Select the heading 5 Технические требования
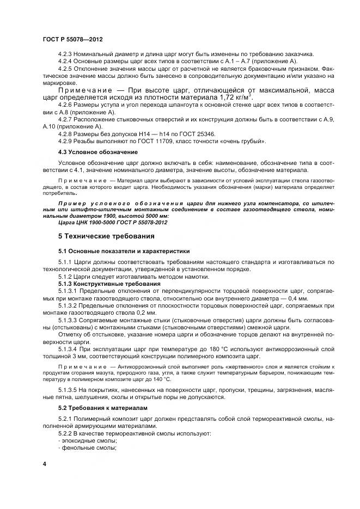[x=103, y=237]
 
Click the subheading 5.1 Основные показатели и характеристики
[x=124, y=251]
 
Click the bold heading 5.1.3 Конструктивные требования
[x=109, y=284]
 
